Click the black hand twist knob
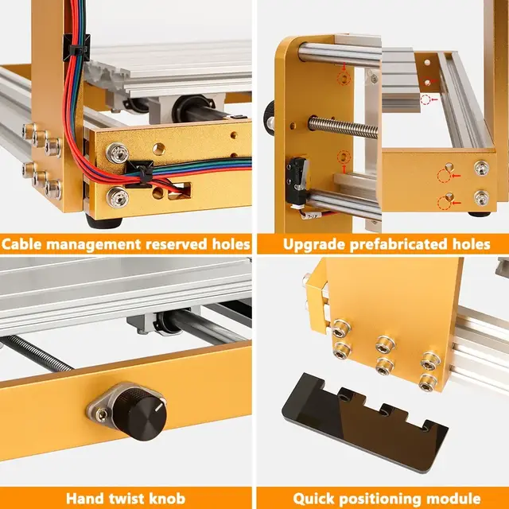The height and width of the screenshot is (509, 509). tap(140, 413)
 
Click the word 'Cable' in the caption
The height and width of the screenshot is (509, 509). tap(21, 244)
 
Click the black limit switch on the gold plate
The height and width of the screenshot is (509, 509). tap(297, 178)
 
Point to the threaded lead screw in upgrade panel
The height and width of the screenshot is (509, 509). tap(344, 127)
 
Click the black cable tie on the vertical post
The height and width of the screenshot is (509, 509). tap(76, 48)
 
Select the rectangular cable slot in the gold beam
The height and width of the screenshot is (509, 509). tap(179, 191)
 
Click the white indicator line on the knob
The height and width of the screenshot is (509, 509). tap(159, 408)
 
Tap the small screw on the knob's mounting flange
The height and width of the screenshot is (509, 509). tap(102, 414)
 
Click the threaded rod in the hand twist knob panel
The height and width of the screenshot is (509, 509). tap(36, 353)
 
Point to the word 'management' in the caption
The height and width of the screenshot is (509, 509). tap(93, 245)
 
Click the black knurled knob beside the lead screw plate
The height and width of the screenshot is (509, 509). tap(270, 119)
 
